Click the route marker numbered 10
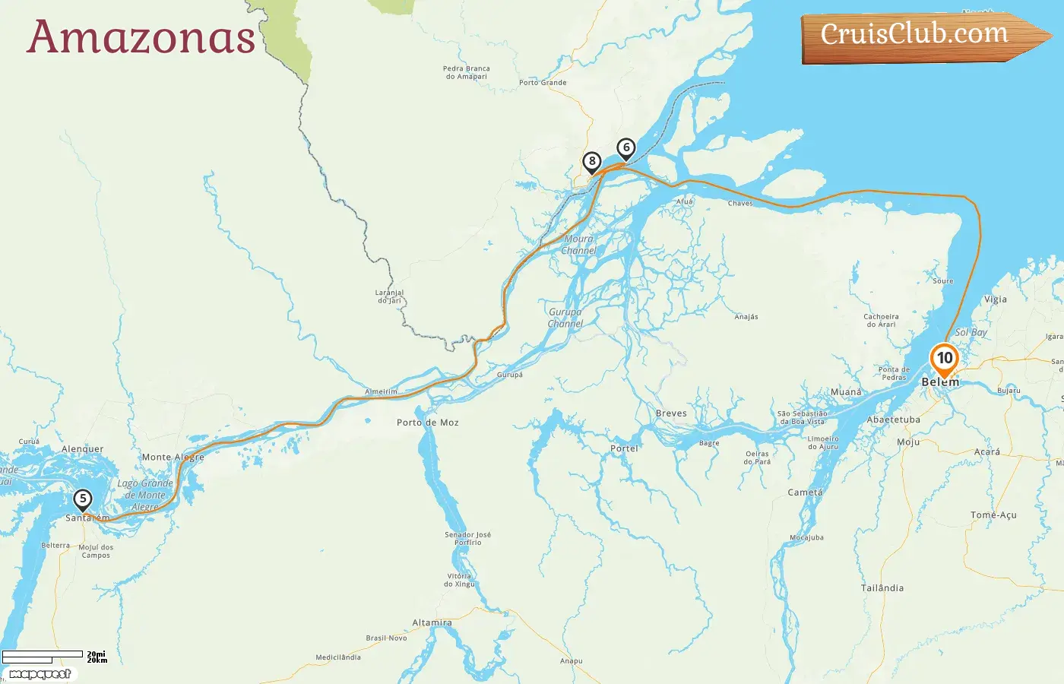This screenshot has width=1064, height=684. pos(944,358)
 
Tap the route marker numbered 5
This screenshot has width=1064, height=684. pos(82,499)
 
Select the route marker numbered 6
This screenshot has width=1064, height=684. pos(625,147)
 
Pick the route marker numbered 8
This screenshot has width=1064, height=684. pos(591,161)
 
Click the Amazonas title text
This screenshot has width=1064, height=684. pos(141,36)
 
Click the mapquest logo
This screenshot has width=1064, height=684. pos(40,673)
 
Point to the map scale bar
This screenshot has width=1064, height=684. pos(43,654)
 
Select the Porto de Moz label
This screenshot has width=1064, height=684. pos(427,423)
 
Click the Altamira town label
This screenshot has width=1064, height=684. pos(432,622)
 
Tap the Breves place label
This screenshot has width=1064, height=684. pos(671,413)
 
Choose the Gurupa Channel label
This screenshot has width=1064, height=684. pos(565,318)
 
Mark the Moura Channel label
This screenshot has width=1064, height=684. pos(578,245)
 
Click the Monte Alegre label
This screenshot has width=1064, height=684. pos(173,458)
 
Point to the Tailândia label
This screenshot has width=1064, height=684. pos(882,588)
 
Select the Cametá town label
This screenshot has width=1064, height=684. pos(805,492)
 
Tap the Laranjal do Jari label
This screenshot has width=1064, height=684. pos(389,296)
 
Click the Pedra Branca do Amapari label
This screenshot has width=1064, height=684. pos(466,72)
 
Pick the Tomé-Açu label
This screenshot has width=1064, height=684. pos(993,515)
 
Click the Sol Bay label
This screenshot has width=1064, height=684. pos(971,332)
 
